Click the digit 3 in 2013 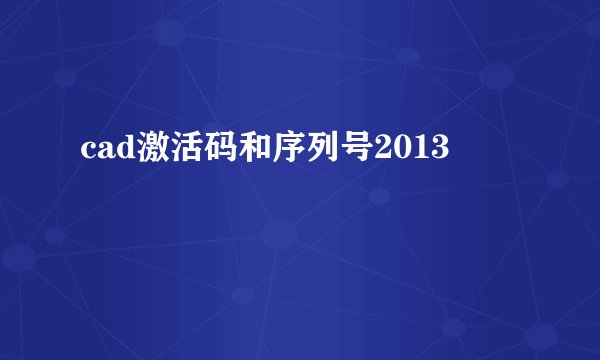tap(438, 151)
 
